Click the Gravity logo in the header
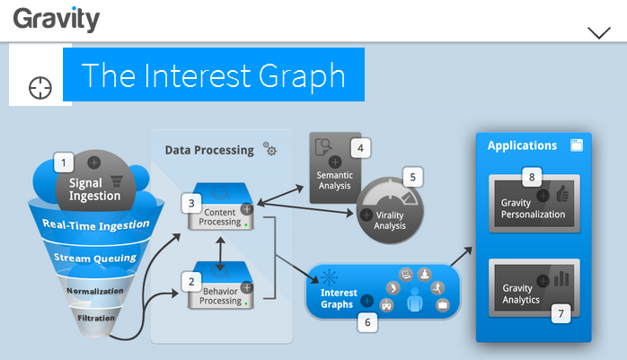(57, 20)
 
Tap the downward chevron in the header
(599, 32)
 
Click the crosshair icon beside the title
(40, 88)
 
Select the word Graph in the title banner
(302, 76)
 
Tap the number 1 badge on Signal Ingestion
(64, 162)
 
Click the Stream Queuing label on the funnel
(95, 258)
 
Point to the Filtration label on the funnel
(96, 318)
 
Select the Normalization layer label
(95, 291)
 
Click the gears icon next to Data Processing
(269, 148)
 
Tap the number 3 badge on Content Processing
(191, 204)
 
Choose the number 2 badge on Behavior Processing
(191, 282)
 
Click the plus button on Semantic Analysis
(335, 162)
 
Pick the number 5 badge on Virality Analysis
(412, 177)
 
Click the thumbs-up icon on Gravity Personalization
(562, 193)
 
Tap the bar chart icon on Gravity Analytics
(561, 278)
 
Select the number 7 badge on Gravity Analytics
(561, 313)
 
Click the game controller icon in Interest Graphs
(386, 305)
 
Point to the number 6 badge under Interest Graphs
(367, 322)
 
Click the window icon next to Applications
(577, 145)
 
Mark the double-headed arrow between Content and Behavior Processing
(220, 254)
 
